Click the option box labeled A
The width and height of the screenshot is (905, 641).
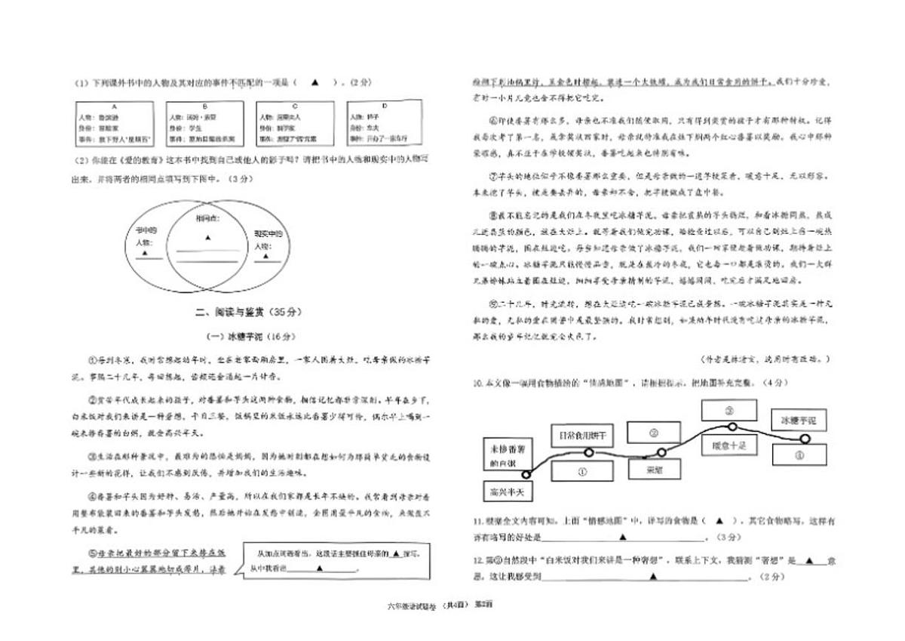pos(115,123)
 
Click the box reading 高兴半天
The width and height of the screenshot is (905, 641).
pos(505,492)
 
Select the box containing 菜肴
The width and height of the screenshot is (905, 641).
pos(653,469)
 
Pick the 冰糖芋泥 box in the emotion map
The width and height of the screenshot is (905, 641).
pos(798,420)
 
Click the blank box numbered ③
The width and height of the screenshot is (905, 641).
pos(729,410)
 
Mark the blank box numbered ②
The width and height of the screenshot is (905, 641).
pos(654,433)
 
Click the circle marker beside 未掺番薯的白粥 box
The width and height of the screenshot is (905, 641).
pos(526,475)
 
